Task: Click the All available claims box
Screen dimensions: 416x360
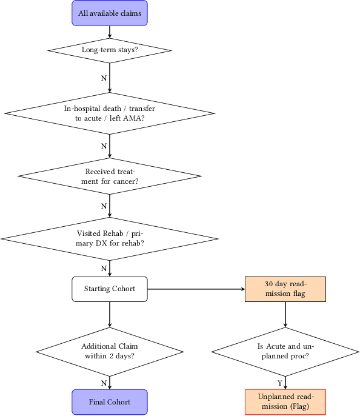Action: [x=110, y=13]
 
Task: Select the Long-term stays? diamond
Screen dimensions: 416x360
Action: [x=110, y=50]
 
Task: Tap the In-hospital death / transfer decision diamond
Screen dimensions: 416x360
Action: [x=110, y=113]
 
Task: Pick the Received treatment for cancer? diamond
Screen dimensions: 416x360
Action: [x=110, y=176]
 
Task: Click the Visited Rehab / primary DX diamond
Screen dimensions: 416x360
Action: [x=110, y=238]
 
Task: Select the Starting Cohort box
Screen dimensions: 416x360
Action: [x=110, y=289]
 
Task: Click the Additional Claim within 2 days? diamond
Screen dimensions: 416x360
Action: [x=110, y=351]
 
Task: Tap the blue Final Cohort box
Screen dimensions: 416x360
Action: [x=110, y=402]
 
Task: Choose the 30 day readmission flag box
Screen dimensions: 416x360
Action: [x=285, y=289]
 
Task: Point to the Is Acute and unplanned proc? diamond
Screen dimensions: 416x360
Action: [x=285, y=351]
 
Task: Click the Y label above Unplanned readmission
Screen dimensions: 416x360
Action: [x=279, y=383]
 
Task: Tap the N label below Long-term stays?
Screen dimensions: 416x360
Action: [x=104, y=78]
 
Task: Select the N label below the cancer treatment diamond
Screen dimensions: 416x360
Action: [x=104, y=206]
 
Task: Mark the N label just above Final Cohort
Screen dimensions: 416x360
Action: [x=104, y=383]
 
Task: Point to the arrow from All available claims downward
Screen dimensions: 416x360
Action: [x=110, y=32]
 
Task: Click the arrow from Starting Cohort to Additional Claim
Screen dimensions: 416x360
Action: [x=110, y=314]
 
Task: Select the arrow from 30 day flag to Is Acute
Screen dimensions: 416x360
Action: [x=285, y=314]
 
